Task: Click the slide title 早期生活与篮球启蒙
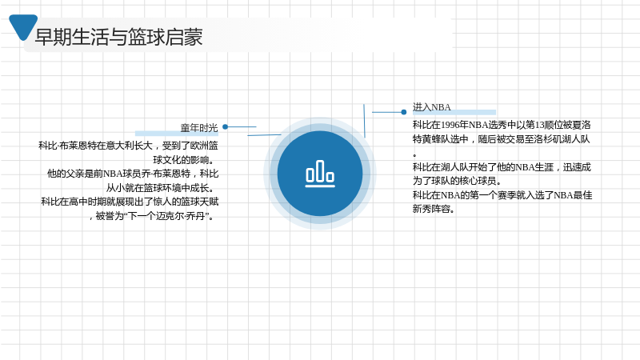click(x=118, y=37)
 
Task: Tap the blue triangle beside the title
click(x=23, y=26)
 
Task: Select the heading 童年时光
click(x=199, y=128)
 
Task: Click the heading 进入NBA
click(x=431, y=107)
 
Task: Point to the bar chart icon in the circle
click(x=320, y=174)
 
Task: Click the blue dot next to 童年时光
click(x=226, y=127)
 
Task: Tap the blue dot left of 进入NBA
click(x=404, y=112)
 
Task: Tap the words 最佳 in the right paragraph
click(x=583, y=195)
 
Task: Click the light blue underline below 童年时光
click(x=176, y=134)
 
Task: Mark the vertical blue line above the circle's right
click(x=364, y=121)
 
